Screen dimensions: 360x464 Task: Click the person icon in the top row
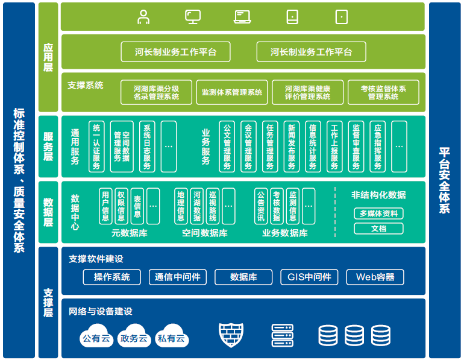143,17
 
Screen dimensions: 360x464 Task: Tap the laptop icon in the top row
242,17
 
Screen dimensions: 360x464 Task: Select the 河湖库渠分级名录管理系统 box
156,92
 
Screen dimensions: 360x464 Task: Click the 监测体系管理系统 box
232,92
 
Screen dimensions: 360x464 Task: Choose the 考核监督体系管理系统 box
383,92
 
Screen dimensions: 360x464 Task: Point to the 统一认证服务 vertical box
96,147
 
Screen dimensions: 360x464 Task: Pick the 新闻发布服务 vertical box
292,147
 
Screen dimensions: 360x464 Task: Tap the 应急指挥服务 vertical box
378,147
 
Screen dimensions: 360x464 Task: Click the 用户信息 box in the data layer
106,206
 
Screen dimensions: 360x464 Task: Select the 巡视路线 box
213,206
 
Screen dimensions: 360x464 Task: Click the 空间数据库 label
204,233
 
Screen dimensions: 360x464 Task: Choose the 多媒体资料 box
378,213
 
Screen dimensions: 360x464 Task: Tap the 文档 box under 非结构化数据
378,229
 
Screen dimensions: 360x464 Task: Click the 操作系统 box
111,277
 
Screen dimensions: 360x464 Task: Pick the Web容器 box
375,277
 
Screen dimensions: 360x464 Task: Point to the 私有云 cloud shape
171,337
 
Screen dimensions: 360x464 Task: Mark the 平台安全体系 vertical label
444,181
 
